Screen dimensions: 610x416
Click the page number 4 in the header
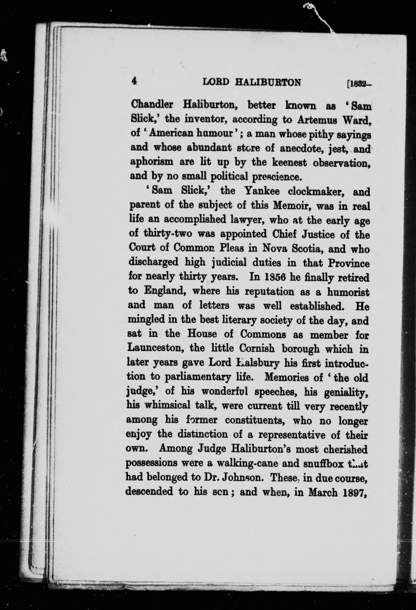coord(134,81)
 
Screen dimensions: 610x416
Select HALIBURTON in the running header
coord(268,83)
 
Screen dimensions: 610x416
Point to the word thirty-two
coord(168,234)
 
